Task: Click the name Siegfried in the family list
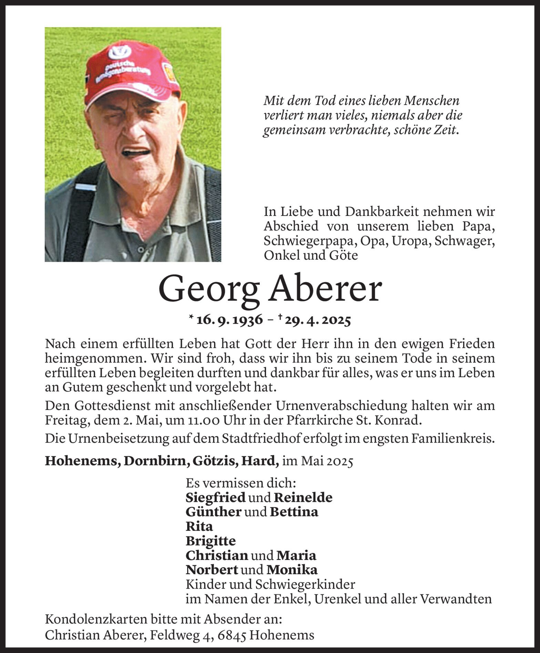pyautogui.click(x=215, y=498)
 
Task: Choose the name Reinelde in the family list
pyautogui.click(x=303, y=498)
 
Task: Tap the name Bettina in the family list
pyautogui.click(x=294, y=512)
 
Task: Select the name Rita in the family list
pyautogui.click(x=199, y=527)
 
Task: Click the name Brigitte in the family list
pyautogui.click(x=211, y=541)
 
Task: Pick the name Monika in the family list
pyautogui.click(x=292, y=570)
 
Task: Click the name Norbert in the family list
pyautogui.click(x=212, y=570)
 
